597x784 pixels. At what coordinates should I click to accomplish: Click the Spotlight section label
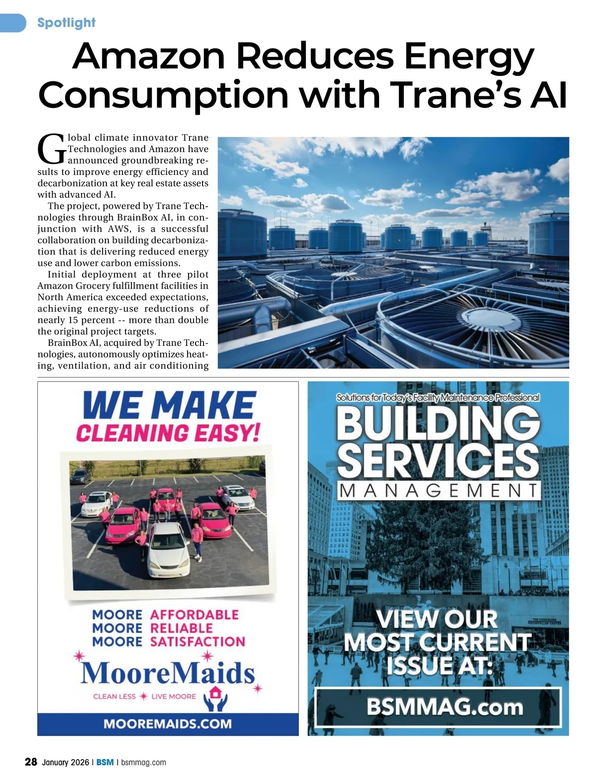[x=66, y=23]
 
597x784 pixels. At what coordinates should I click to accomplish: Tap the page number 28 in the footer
[x=31, y=762]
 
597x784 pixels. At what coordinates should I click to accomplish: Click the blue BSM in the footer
[x=104, y=762]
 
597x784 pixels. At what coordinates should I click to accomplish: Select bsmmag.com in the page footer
[x=143, y=762]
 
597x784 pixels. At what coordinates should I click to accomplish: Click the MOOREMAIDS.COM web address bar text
[x=168, y=723]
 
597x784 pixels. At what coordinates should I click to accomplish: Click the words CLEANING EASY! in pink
[x=168, y=433]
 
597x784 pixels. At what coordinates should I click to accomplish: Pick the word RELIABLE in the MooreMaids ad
[x=181, y=628]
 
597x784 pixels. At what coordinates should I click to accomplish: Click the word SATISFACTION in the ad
[x=197, y=641]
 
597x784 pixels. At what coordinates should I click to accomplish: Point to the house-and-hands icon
[x=216, y=698]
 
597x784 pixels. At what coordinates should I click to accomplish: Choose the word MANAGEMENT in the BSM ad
[x=438, y=491]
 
